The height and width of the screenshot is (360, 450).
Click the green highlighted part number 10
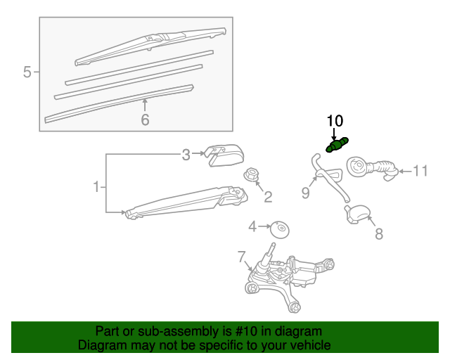coord(337,145)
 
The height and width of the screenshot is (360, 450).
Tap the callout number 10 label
coord(335,121)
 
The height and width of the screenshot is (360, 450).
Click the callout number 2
coord(268,197)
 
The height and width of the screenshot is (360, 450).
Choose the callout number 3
coord(186,155)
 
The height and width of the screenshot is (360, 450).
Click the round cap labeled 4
coord(280,230)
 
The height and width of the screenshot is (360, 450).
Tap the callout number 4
coord(252,227)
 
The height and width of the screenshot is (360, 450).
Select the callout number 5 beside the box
coord(27,72)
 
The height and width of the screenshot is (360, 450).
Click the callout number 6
coord(146,120)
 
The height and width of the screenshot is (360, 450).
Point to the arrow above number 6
coord(145,105)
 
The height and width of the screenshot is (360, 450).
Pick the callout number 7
coord(242,257)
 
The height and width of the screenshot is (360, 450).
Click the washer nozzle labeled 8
coord(358,214)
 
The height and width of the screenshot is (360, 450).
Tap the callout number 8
coord(379,233)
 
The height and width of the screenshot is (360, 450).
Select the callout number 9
coord(306,193)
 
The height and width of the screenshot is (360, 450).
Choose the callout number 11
coord(420,171)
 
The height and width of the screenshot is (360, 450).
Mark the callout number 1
coord(96,187)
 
